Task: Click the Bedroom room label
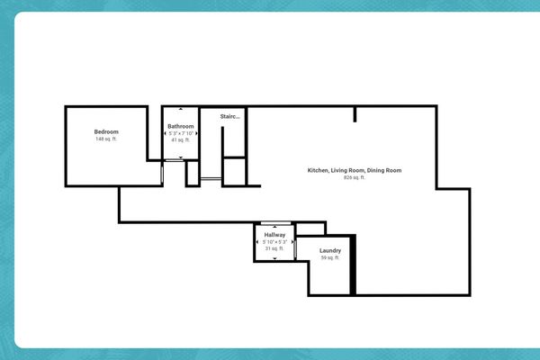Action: (x=106, y=132)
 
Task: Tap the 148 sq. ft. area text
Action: (x=106, y=139)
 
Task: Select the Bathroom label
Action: (x=181, y=126)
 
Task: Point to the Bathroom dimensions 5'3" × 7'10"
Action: (x=181, y=133)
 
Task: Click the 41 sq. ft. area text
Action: (x=181, y=140)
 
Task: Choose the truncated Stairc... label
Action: (x=229, y=116)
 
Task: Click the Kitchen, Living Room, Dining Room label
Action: (x=354, y=170)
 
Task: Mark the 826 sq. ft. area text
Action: (x=354, y=177)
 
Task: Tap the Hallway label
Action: (x=274, y=234)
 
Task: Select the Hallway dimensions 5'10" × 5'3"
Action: (x=274, y=241)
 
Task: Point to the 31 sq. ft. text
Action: (x=274, y=248)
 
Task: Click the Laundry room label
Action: (x=330, y=250)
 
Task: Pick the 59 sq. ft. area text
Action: (x=330, y=257)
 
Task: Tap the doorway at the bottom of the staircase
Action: (x=211, y=181)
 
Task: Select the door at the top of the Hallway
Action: (x=274, y=222)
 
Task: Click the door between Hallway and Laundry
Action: (x=295, y=248)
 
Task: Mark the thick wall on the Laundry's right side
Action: (x=354, y=265)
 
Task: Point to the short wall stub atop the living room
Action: (x=355, y=113)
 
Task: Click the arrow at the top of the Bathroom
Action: (x=181, y=110)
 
